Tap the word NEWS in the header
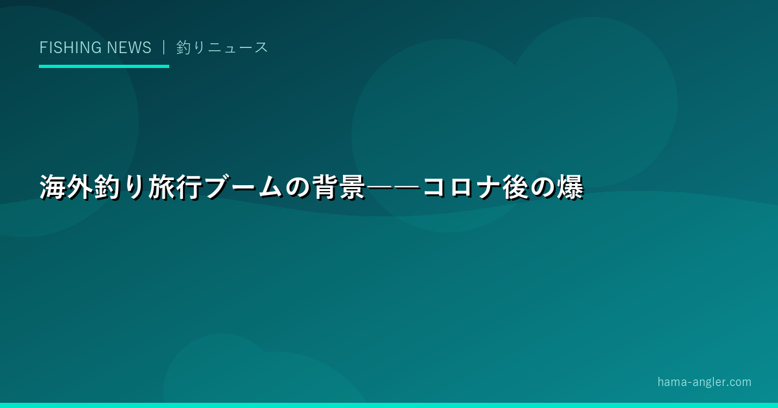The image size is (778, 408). click(129, 47)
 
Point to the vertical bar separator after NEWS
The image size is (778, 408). click(163, 47)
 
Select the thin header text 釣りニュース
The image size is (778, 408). click(222, 47)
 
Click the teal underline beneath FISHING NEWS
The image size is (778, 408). click(104, 66)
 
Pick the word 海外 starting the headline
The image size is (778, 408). click(66, 187)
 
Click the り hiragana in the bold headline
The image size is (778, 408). click(134, 187)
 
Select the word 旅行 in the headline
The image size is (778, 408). click(174, 187)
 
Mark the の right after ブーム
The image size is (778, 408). click(298, 188)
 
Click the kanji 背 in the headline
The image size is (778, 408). click(325, 187)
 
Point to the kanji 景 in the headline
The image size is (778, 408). click(352, 187)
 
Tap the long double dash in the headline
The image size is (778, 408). click(393, 187)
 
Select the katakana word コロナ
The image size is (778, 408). click(461, 187)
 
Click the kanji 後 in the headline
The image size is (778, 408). click(516, 187)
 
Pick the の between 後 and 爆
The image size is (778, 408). click(543, 188)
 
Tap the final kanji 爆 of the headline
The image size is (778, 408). click(571, 187)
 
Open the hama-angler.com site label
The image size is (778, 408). click(704, 382)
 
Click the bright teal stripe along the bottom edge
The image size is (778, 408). click(389, 405)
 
